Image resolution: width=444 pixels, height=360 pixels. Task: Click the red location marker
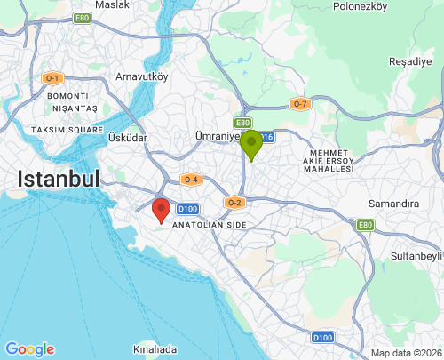coord(161,210)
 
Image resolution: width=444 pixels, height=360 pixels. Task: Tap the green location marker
coord(251,143)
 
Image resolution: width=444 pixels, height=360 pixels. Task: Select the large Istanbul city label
coord(58,180)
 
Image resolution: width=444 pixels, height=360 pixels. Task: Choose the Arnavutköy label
coord(141,76)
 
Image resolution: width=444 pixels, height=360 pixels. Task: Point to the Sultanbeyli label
coord(416,257)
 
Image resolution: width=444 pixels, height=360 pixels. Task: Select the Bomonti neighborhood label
coord(68,96)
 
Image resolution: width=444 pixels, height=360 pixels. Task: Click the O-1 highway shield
coord(52,78)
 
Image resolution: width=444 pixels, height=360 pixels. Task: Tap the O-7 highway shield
coord(300,104)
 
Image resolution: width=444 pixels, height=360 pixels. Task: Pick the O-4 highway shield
coord(190,180)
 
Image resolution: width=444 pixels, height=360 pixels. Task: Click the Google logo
coord(29,349)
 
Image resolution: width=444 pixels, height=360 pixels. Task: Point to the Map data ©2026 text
coord(405,353)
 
